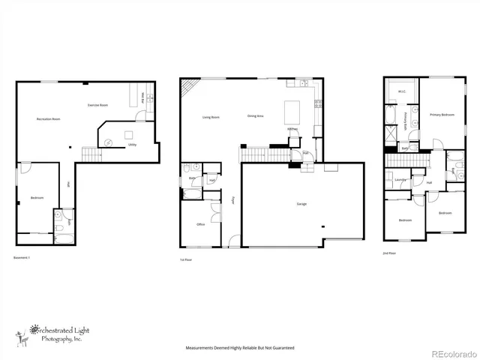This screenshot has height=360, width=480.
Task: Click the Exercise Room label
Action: coord(94,104)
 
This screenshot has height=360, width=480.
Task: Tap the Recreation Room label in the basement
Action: coord(49,119)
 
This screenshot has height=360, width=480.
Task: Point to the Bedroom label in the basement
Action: coord(37,198)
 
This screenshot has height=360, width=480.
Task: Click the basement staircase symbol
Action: coord(90,154)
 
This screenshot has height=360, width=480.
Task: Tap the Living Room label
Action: coord(211,117)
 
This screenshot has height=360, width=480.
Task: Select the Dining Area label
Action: coord(255,116)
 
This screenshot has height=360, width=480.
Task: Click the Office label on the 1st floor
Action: coord(201,224)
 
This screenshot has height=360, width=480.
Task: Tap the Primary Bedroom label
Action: coord(442,115)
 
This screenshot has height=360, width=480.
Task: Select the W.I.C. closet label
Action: coord(401,92)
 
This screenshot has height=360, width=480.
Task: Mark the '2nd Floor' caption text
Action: coord(389,253)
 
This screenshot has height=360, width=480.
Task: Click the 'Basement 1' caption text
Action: coord(23,258)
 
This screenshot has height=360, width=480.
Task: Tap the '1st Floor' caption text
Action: coord(185,259)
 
